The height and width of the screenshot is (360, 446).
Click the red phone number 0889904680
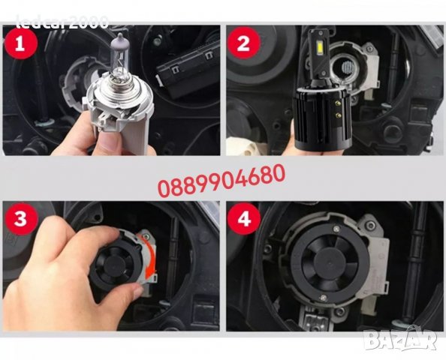[221, 178]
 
